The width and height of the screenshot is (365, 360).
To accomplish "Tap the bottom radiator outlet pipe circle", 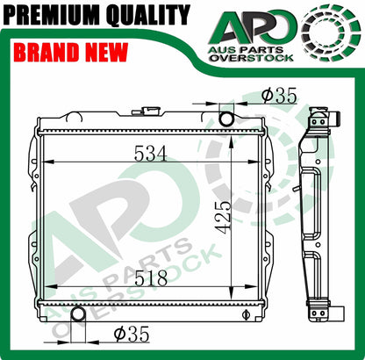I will (76, 314).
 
